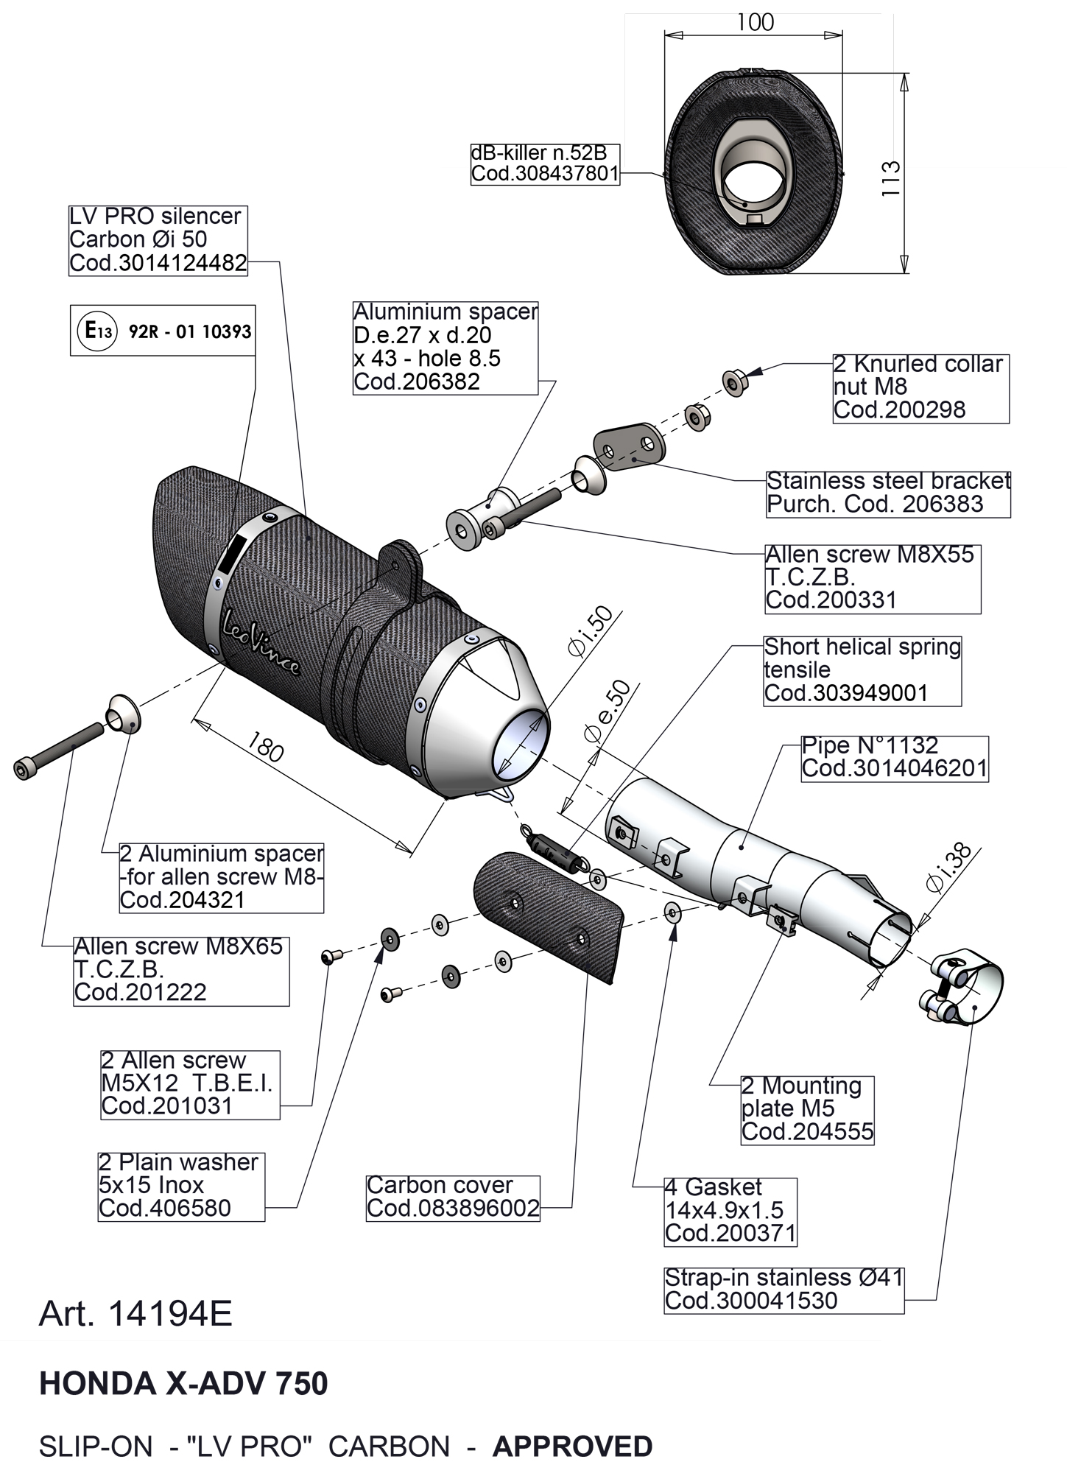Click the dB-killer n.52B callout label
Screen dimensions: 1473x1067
pyautogui.click(x=545, y=164)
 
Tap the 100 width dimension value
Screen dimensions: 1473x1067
pyautogui.click(x=755, y=23)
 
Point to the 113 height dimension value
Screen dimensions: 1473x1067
pyautogui.click(x=891, y=177)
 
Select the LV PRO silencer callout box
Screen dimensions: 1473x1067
pyautogui.click(x=158, y=240)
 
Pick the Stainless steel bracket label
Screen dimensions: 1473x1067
pyautogui.click(x=888, y=493)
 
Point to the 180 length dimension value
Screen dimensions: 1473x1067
pyautogui.click(x=265, y=748)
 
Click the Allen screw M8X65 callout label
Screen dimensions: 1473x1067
pyautogui.click(x=180, y=970)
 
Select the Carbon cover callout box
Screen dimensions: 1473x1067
pyautogui.click(x=453, y=1197)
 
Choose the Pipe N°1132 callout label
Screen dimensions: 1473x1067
pyautogui.click(x=894, y=758)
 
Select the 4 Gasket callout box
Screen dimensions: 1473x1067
pyautogui.click(x=730, y=1211)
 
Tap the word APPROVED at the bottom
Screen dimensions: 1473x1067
pyautogui.click(x=572, y=1446)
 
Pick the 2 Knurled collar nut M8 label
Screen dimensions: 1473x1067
pyautogui.click(x=920, y=387)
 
